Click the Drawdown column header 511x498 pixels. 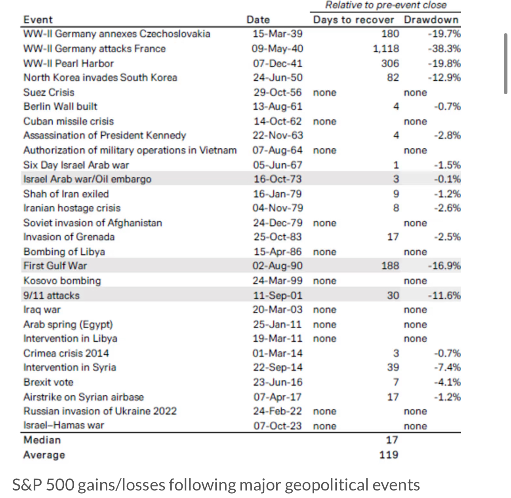tap(431, 20)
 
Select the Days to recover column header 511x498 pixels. tap(353, 20)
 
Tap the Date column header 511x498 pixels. tap(258, 20)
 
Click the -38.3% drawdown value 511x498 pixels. tap(444, 49)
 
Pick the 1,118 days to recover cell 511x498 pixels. tap(386, 49)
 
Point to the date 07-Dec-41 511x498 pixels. tap(278, 63)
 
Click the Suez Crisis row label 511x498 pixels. tap(49, 93)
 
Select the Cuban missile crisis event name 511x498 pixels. tap(69, 121)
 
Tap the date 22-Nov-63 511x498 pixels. tap(278, 135)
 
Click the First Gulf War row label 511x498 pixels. tap(55, 266)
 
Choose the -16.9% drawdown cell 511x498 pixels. tap(444, 266)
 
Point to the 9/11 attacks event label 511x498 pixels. tap(51, 295)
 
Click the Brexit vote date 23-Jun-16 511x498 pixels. tap(278, 382)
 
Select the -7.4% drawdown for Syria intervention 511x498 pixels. tap(448, 367)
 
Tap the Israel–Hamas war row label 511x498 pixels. tap(64, 425)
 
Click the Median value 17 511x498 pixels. tap(392, 440)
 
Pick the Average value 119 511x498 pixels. tap(389, 455)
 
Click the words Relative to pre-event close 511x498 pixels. tap(386, 5)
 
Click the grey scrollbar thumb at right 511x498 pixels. tap(505, 64)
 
